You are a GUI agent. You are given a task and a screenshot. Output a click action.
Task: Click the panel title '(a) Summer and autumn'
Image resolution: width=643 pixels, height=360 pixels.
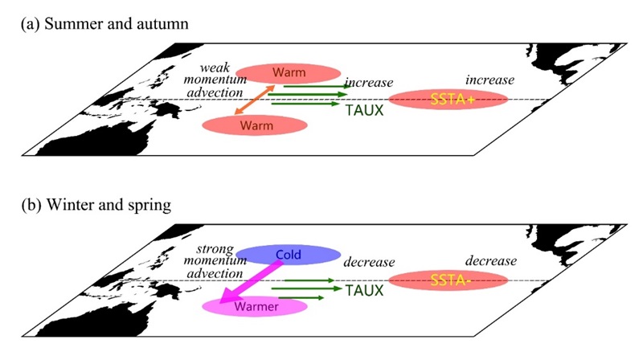pyautogui.click(x=104, y=24)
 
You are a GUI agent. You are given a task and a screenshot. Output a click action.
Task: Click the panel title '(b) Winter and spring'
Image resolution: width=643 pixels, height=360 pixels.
pyautogui.click(x=96, y=206)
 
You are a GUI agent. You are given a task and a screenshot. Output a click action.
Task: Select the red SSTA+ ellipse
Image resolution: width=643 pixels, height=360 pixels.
pyautogui.click(x=448, y=100)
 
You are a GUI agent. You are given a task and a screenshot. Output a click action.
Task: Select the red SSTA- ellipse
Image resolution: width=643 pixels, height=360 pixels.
pyautogui.click(x=448, y=280)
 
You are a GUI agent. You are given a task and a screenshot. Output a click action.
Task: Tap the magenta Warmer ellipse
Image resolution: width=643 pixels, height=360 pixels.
pyautogui.click(x=254, y=306)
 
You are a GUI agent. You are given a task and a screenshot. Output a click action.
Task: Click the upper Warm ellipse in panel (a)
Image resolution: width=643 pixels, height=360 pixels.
pyautogui.click(x=288, y=72)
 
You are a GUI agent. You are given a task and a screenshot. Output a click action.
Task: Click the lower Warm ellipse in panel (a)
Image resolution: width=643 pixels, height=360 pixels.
pyautogui.click(x=255, y=125)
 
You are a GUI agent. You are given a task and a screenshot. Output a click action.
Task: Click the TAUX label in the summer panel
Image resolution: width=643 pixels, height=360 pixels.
pyautogui.click(x=364, y=111)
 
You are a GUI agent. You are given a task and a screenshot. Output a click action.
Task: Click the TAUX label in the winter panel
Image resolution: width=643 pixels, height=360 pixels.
pyautogui.click(x=364, y=292)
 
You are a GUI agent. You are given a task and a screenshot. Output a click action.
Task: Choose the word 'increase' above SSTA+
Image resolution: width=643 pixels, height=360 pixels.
pyautogui.click(x=489, y=80)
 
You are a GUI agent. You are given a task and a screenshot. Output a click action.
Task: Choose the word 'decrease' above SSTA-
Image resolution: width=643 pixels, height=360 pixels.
pyautogui.click(x=489, y=261)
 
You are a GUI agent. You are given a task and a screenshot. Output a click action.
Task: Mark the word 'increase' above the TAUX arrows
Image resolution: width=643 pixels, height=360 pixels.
pyautogui.click(x=369, y=83)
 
